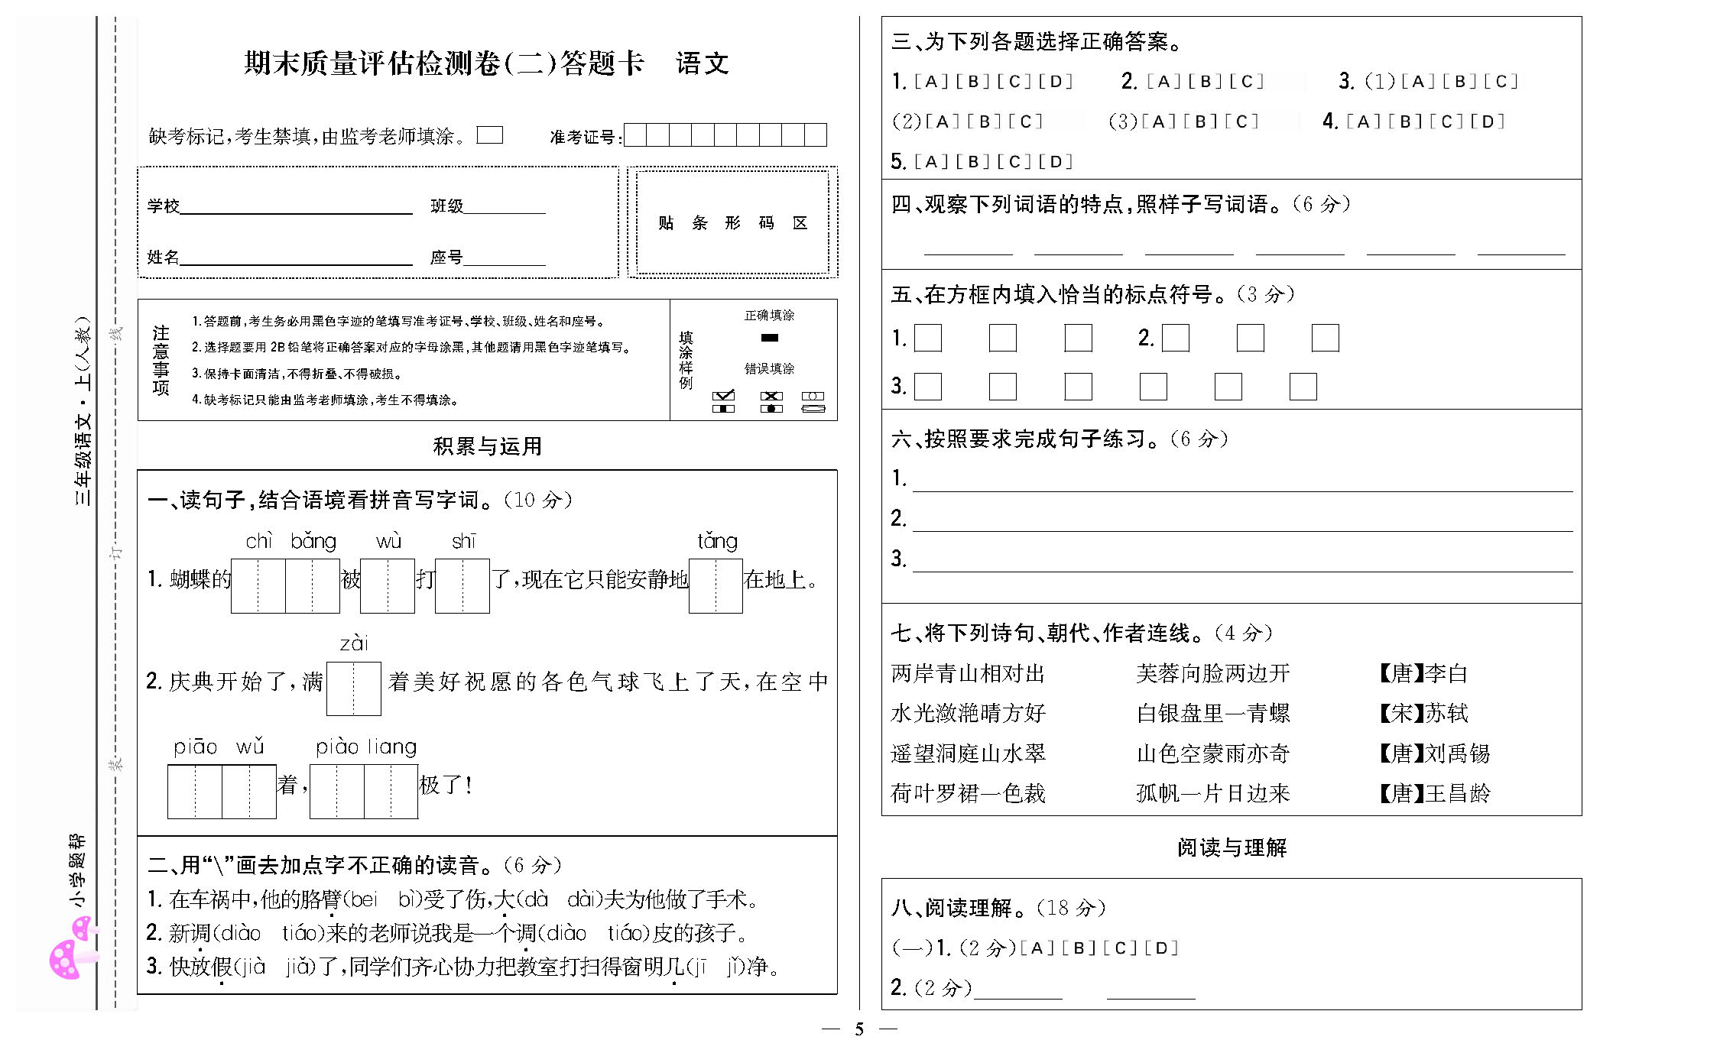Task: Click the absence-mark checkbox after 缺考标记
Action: coord(489,135)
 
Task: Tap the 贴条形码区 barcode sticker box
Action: coord(732,222)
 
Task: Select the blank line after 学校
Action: coord(296,206)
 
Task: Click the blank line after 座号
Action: coord(505,258)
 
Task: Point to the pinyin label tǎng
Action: coord(717,541)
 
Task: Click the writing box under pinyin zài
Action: coord(353,688)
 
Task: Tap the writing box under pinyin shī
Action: coord(462,586)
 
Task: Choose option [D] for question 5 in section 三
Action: coord(1056,162)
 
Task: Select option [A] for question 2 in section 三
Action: coord(1163,82)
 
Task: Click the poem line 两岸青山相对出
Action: coord(968,673)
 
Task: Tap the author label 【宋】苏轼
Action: coord(1423,713)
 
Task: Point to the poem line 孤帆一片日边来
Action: coord(1213,793)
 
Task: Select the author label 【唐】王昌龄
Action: coord(1434,793)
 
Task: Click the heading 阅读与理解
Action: coord(1232,847)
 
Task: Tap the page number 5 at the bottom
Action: coord(859,1029)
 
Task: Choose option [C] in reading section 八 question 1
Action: coord(1120,948)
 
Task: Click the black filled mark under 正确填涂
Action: coord(770,338)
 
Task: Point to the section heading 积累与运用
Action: coord(487,446)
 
